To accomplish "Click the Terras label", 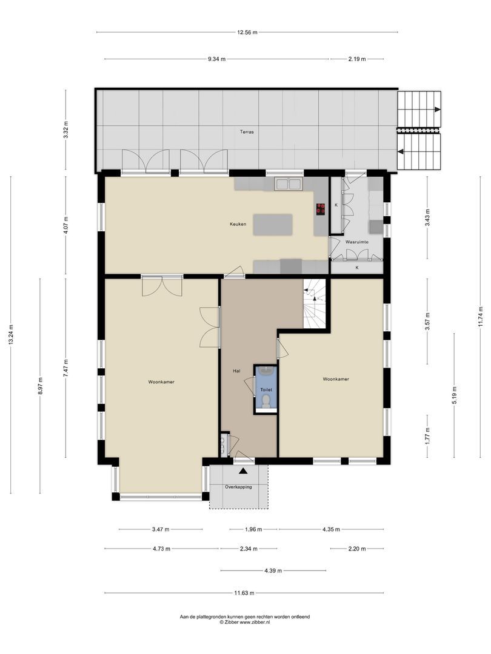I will [246, 131].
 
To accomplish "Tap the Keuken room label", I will [238, 224].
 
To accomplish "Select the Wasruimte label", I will [357, 242].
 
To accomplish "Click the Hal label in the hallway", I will [237, 371].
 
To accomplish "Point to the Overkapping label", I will [238, 487].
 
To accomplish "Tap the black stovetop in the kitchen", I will [320, 210].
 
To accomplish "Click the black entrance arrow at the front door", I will [244, 471].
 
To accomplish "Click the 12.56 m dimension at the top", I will [247, 32].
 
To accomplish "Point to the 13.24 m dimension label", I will [10, 334].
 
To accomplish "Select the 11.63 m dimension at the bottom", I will [244, 593].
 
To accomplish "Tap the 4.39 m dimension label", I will [273, 570].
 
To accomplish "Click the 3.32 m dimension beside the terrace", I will [66, 130].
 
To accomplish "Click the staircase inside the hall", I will [315, 303].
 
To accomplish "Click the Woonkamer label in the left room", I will [161, 382].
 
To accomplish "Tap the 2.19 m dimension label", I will [356, 59].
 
